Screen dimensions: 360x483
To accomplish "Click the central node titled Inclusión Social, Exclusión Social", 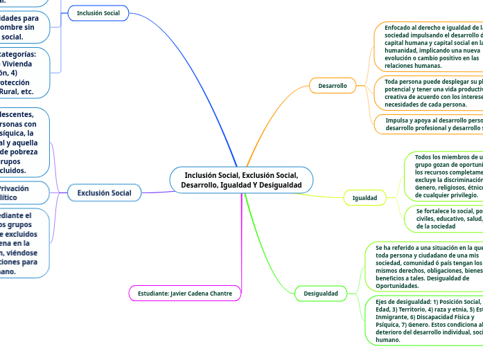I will tap(241, 180).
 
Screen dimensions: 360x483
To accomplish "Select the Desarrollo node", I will tap(332, 85).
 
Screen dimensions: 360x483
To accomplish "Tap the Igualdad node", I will tap(365, 198).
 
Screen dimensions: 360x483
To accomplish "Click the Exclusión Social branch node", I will tap(104, 192).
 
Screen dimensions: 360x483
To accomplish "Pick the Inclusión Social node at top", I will tap(98, 13).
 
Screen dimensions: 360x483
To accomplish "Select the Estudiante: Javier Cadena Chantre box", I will tap(185, 294).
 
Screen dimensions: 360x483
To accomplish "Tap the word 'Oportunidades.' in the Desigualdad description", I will tap(397, 285).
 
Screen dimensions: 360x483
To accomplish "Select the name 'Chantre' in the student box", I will tap(220, 294).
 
